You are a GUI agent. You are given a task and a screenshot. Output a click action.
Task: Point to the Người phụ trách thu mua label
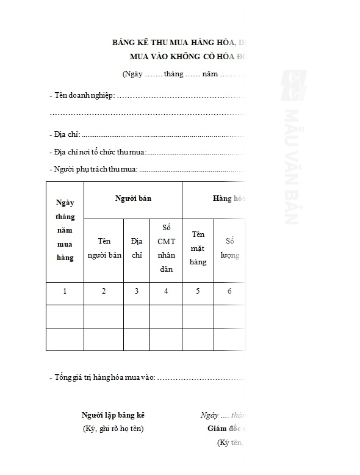pos(95,169)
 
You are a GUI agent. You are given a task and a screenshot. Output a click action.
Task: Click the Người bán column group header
pos(133,198)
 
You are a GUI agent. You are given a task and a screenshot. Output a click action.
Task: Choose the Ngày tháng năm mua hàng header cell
pos(65,230)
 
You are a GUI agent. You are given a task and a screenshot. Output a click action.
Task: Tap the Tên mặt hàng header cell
pos(198,248)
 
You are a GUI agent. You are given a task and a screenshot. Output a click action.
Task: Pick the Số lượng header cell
pos(229,248)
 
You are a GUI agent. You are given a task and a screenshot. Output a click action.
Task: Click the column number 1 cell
pos(65,291)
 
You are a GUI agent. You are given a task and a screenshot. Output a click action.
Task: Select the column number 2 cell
pos(104,291)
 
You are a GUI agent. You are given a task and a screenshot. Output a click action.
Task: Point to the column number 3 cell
pos(137,291)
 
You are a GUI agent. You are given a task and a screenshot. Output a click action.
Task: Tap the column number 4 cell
pos(165,291)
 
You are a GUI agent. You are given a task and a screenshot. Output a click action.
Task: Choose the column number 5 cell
pos(198,291)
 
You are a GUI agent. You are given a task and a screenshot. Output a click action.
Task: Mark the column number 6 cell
pos(229,291)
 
